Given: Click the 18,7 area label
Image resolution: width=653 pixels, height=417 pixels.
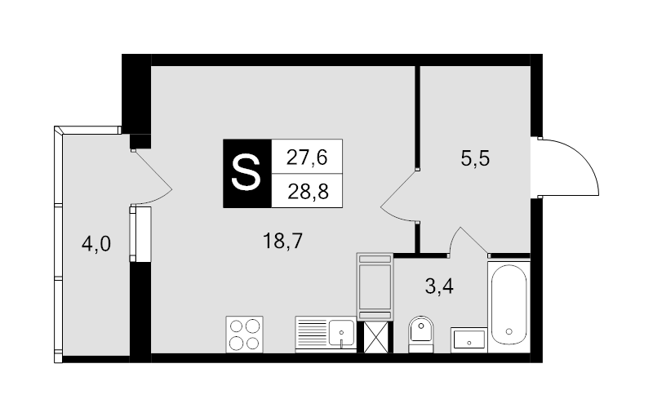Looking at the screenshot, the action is point(282,241).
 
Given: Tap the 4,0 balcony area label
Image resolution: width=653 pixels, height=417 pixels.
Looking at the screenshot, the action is point(96,244).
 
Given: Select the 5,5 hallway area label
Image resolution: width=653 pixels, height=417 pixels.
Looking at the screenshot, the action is point(475,158).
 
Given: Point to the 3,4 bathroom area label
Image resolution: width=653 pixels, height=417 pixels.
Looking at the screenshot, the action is point(439,286).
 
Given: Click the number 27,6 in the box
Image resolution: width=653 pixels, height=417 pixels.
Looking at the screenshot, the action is point(307,157).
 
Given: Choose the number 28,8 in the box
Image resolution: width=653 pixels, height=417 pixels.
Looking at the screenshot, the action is point(308,192).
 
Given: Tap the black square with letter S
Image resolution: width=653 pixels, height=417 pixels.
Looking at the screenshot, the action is point(247,174).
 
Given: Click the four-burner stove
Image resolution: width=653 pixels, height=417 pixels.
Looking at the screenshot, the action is point(244,335).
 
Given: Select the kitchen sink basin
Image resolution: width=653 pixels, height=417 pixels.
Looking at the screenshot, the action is point(341,333).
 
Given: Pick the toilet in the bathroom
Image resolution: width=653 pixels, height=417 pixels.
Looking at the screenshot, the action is point(421,335).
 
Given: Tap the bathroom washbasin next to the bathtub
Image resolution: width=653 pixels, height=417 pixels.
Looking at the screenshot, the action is point(469,340).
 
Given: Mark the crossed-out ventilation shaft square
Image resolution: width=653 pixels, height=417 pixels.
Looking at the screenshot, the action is point(378,338).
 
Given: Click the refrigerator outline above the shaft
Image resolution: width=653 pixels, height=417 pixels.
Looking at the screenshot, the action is point(375,286).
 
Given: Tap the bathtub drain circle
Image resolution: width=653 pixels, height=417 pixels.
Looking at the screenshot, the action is point(509,331).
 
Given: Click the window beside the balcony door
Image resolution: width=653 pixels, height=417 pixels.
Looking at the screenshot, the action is point(133,234).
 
